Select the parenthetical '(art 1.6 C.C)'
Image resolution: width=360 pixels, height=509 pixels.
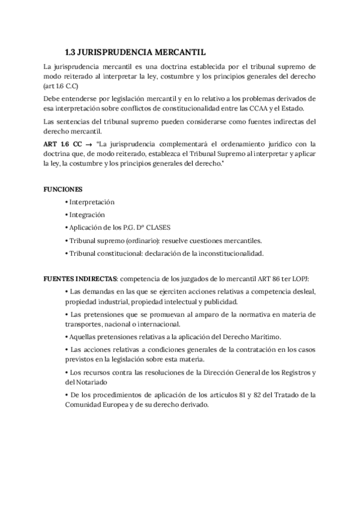[64, 88]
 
